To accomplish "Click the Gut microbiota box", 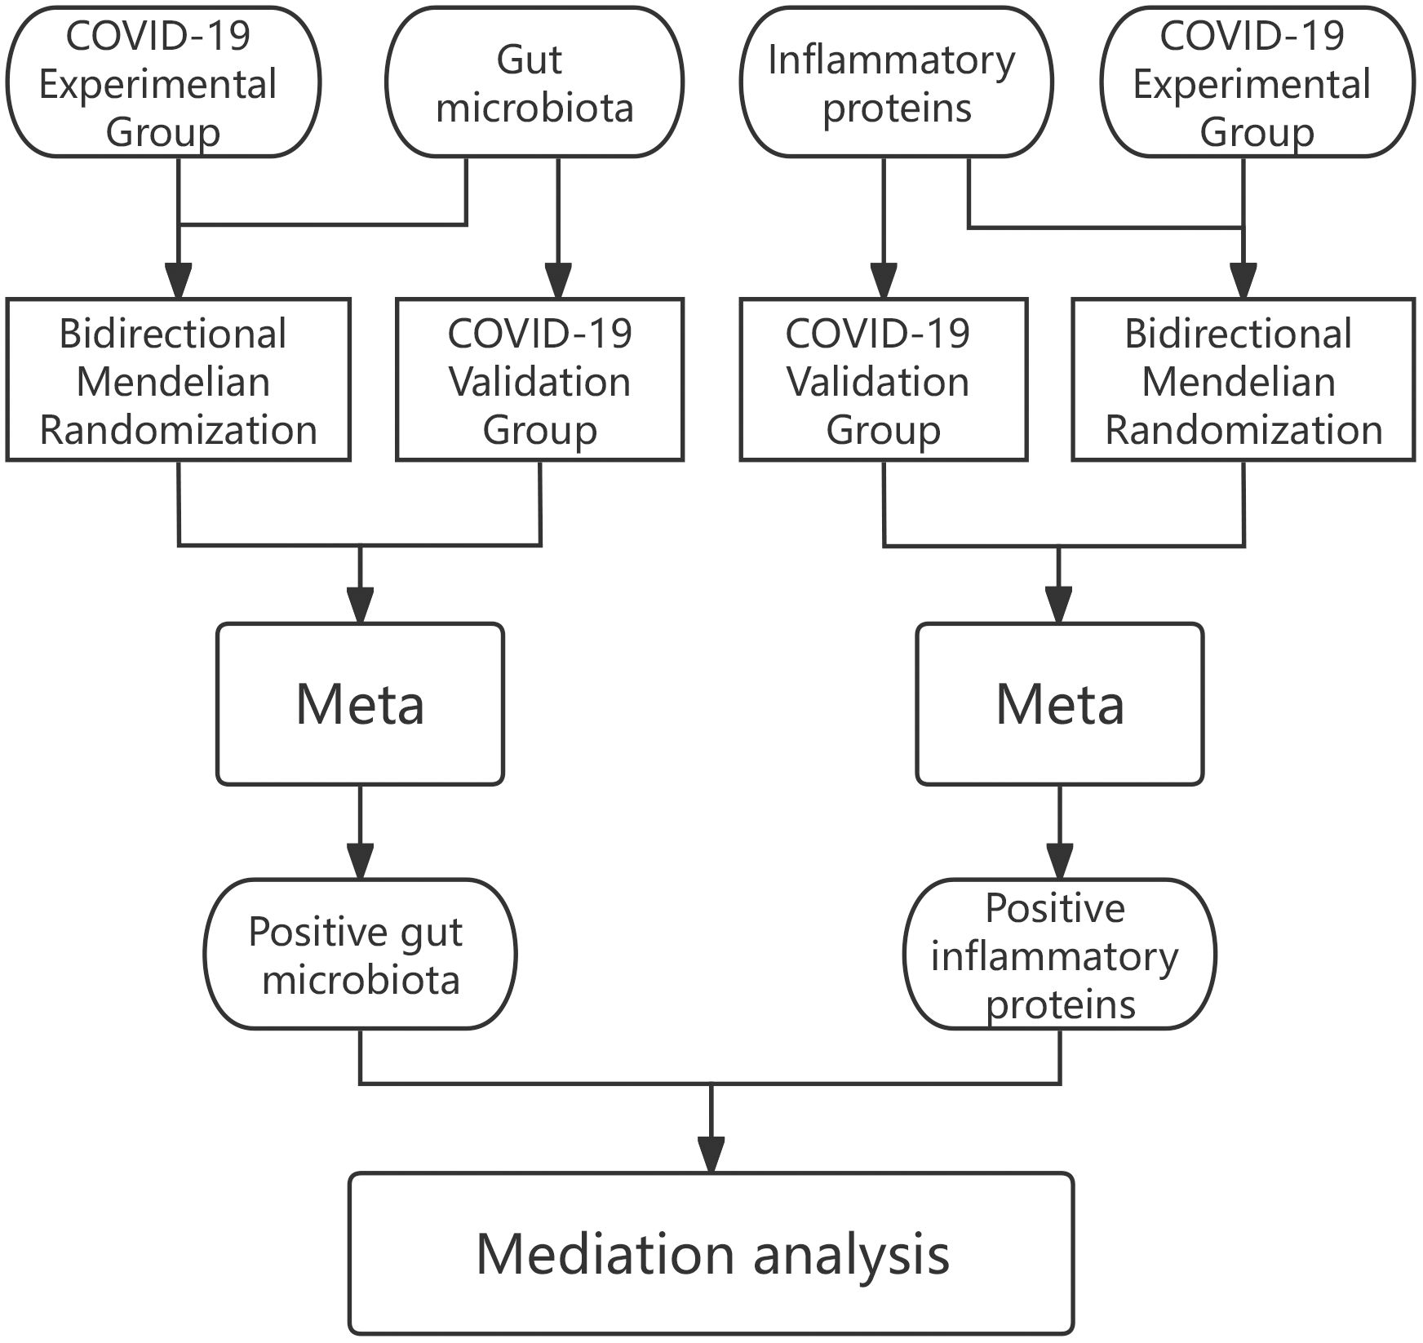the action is click(x=534, y=82).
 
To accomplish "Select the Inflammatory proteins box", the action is click(x=896, y=82).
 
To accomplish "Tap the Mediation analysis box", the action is click(x=711, y=1254).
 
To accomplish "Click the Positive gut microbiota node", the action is click(x=360, y=955).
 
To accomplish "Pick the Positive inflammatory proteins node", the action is click(x=1059, y=955).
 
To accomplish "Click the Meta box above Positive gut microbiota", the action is click(x=360, y=704).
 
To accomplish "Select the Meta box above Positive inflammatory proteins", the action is click(x=1059, y=704).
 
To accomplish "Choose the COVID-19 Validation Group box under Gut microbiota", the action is click(x=539, y=380).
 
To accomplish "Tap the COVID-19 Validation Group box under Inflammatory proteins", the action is click(x=884, y=380).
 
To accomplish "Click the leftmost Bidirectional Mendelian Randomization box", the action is click(x=178, y=380).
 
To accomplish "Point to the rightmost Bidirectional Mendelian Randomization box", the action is click(x=1243, y=380).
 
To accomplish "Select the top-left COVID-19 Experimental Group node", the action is click(x=163, y=82).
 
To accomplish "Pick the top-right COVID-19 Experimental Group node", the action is click(x=1257, y=82).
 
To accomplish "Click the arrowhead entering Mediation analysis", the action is click(x=711, y=1155).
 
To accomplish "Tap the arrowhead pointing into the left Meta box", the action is click(x=360, y=605).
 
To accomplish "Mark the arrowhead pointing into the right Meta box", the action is click(x=1059, y=605).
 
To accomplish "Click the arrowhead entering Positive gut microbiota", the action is click(x=360, y=861).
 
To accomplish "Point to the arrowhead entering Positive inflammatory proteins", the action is click(x=1059, y=861).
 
